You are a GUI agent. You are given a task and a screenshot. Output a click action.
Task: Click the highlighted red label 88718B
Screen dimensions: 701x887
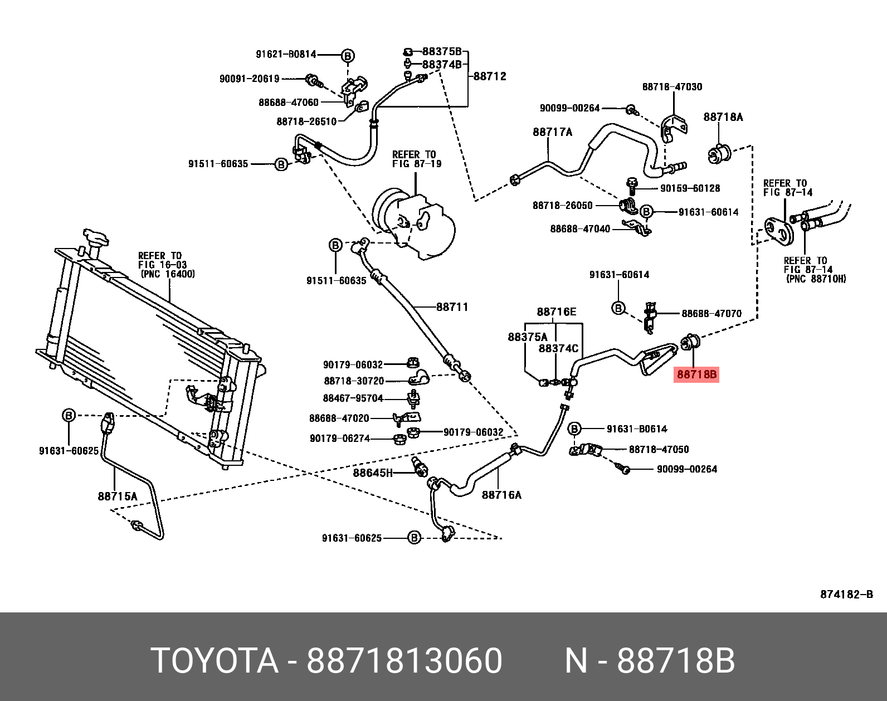696,374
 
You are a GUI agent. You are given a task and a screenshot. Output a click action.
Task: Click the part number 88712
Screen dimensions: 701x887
490,76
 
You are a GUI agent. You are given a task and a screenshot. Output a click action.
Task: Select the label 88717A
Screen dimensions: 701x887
552,132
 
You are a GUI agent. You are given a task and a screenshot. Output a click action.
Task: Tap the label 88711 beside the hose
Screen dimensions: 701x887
452,307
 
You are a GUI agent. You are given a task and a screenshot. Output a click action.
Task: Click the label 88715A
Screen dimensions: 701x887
117,496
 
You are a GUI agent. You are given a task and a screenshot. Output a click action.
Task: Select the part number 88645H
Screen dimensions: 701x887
373,473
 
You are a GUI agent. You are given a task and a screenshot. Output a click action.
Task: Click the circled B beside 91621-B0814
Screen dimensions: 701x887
348,56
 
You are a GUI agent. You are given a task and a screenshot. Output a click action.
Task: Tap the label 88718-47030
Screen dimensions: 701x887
672,87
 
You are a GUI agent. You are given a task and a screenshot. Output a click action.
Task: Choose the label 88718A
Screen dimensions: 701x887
723,117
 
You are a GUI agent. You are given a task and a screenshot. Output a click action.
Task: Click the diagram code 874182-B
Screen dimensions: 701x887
846,595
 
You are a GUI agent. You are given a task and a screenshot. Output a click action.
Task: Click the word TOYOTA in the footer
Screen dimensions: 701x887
215,661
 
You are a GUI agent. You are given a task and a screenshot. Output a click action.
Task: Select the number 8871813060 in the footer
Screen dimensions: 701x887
404,661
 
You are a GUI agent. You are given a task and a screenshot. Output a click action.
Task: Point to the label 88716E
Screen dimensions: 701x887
556,312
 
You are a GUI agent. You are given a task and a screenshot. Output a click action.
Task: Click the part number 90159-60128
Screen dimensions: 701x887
690,188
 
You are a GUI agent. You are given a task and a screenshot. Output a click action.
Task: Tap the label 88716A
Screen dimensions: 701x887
501,495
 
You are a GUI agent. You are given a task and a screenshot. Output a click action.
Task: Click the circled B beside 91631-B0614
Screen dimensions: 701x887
574,429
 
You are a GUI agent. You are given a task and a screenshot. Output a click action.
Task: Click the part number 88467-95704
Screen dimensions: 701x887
353,398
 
